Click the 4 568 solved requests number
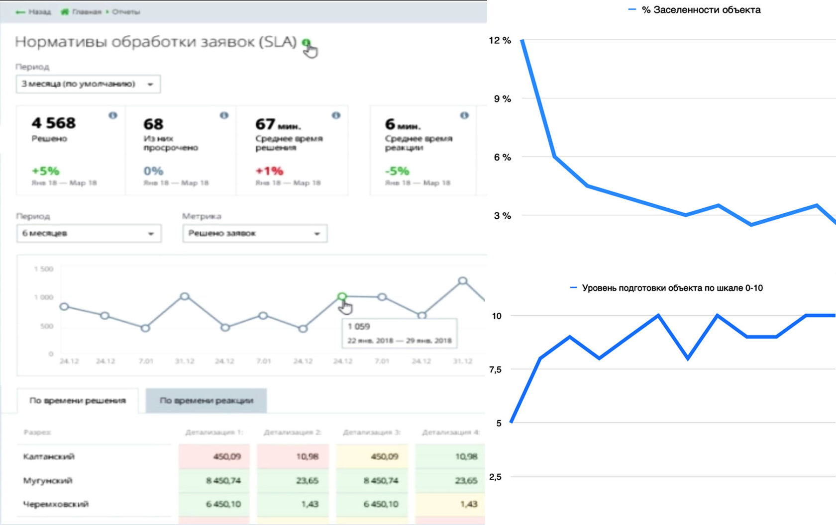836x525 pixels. point(53,123)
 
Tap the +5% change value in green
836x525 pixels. point(45,171)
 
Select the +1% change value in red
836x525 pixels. point(269,171)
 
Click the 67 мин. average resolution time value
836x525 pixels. point(278,124)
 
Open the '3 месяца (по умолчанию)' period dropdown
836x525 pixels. point(88,84)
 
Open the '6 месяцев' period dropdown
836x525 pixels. point(89,234)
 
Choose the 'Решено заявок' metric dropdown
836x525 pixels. point(255,234)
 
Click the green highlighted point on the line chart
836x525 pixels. point(342,296)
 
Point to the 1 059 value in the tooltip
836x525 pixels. point(359,327)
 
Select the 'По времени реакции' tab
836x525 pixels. point(206,401)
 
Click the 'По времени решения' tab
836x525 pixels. point(78,401)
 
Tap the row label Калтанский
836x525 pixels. point(49,456)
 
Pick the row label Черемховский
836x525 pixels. point(56,504)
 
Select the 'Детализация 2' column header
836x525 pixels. point(292,433)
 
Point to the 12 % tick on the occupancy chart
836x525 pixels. point(500,40)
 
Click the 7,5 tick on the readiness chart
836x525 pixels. point(495,369)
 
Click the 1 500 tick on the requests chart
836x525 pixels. point(44,269)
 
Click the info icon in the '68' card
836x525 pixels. point(224,115)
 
